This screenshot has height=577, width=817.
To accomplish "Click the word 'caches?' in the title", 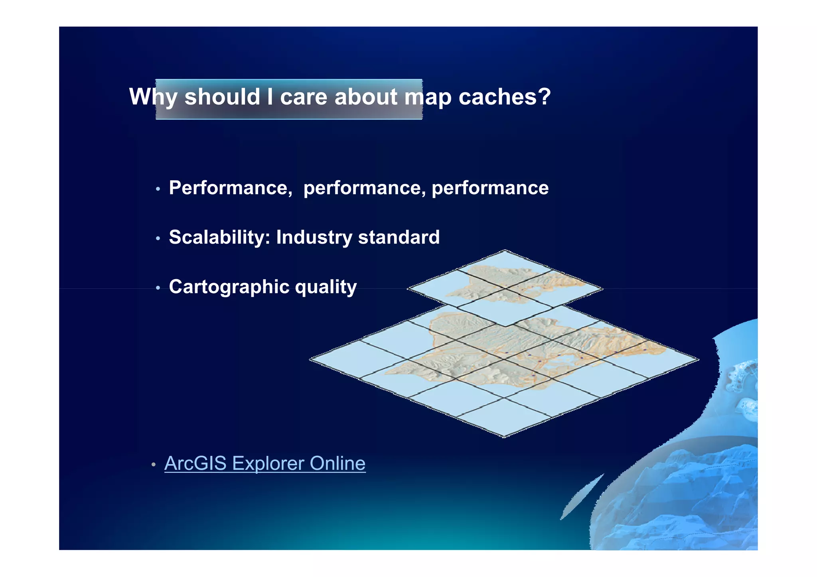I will pos(504,97).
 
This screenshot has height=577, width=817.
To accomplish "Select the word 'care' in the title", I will pos(304,97).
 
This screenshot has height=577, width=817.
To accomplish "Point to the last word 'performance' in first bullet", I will pos(490,188).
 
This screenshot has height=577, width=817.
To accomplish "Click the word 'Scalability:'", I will pos(219,237).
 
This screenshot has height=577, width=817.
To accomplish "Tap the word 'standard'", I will pos(399,237).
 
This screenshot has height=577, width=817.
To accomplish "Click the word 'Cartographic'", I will pos(229,287).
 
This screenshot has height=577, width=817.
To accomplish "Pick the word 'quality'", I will pos(326,287).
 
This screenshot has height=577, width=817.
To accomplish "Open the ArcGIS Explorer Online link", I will pos(264,463).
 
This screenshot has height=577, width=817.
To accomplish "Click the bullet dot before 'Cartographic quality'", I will pos(158,288).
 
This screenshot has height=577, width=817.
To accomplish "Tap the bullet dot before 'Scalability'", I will pos(158,238).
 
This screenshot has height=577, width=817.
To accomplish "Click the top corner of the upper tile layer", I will pos(505,251).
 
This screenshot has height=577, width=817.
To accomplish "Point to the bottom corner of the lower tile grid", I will pos(504,436).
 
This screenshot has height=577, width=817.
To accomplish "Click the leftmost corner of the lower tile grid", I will pos(311,359).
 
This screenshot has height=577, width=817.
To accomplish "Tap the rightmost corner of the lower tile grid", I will pos(698,359).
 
